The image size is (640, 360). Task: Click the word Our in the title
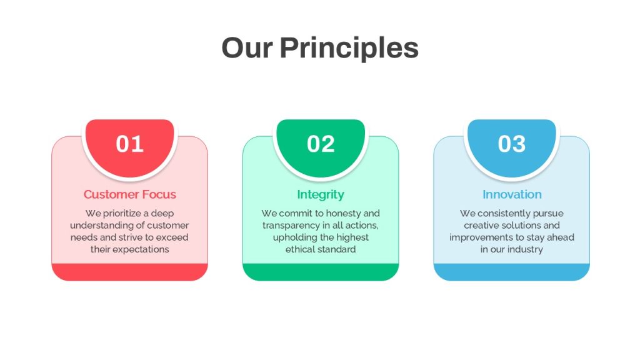tap(247, 47)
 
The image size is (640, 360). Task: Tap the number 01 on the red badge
tap(130, 144)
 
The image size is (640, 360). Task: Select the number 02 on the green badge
tap(321, 144)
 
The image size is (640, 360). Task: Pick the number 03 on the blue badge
tap(512, 144)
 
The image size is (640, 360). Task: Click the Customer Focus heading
tap(130, 194)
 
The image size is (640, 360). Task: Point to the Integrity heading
tap(321, 195)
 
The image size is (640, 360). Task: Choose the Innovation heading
tap(512, 194)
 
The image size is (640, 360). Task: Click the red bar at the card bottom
tap(130, 272)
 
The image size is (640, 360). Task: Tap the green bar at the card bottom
tap(321, 272)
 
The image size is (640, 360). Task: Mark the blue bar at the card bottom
tap(512, 272)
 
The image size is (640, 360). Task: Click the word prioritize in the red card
tap(122, 214)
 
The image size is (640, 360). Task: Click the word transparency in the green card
tap(291, 226)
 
